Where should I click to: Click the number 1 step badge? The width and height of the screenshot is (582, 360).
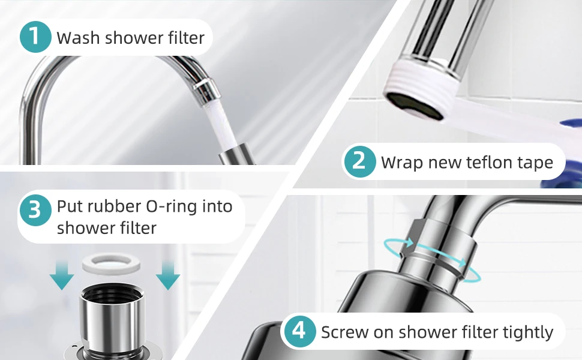click(35, 37)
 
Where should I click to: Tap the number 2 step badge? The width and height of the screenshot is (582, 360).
click(359, 161)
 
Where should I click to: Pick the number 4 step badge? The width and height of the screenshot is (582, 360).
click(299, 332)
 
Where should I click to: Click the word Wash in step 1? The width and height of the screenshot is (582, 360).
click(78, 38)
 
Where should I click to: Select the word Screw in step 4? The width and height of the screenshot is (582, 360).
click(344, 332)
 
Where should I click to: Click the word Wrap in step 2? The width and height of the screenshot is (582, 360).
click(401, 163)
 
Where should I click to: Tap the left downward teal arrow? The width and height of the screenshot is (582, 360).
click(62, 277)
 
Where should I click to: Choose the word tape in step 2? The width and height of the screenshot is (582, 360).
click(534, 163)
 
